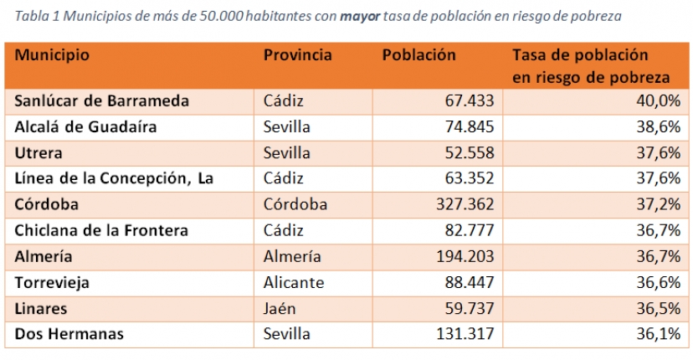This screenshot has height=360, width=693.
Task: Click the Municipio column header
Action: tap(52, 56)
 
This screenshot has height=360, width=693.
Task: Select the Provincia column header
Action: tap(297, 56)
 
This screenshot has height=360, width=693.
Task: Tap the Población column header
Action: tap(418, 56)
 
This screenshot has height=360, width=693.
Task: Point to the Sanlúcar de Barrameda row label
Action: tap(102, 101)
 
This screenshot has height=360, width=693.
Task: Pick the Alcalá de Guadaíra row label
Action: tap(86, 127)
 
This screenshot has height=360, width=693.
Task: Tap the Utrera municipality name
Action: tap(38, 153)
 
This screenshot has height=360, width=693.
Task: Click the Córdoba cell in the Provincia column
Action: tap(295, 205)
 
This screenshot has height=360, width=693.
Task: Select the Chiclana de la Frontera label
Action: tap(101, 230)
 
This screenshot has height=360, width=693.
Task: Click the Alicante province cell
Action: tap(294, 282)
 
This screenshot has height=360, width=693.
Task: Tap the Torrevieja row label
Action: tap(52, 282)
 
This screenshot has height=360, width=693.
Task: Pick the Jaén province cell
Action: tap(281, 308)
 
